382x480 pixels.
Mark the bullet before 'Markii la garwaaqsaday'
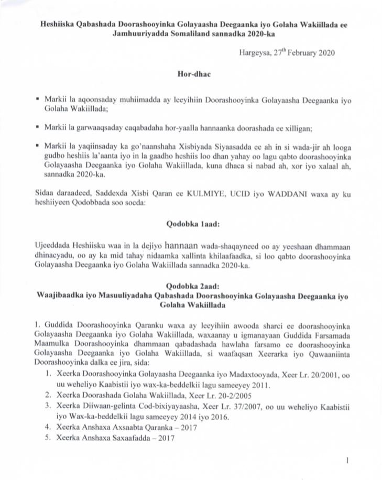(36, 127)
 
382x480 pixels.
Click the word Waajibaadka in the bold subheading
(61, 296)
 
